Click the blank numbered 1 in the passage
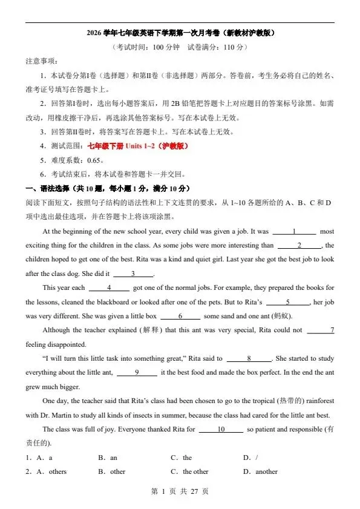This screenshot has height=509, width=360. click(294, 231)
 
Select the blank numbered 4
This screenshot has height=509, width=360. click(109, 287)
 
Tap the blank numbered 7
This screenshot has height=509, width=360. click(321, 330)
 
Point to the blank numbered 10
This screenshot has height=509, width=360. click(221, 429)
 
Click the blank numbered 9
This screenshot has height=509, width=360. click(137, 373)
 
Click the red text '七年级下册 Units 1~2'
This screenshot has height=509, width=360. click(138, 146)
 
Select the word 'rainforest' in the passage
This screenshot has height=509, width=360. click(316, 401)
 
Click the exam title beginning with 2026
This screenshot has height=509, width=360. click(180, 33)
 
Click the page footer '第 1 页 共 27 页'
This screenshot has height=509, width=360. click(180, 491)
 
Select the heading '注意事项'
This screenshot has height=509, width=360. click(42, 61)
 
